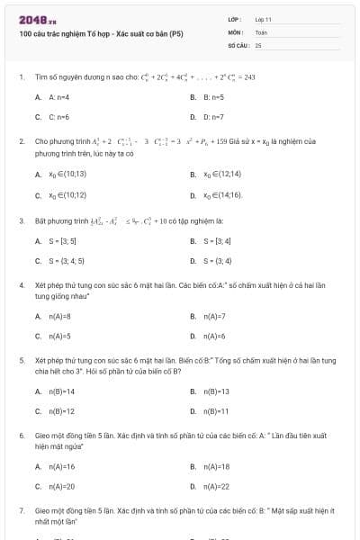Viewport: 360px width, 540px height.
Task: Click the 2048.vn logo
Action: point(31,20)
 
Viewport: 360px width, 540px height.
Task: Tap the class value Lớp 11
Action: point(263,19)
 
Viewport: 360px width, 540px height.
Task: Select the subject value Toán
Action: point(261,31)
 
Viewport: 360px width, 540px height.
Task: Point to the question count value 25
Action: point(258,44)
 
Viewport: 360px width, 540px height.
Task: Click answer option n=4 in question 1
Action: point(59,96)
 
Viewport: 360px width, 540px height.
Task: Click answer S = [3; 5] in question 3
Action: point(64,241)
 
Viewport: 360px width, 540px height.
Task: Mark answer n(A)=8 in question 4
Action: point(60,316)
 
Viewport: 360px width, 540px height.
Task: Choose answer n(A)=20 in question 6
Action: point(62,487)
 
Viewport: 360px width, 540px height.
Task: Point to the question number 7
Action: point(21,510)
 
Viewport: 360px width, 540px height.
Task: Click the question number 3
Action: point(21,220)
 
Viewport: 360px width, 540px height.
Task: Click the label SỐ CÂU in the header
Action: point(238,44)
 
